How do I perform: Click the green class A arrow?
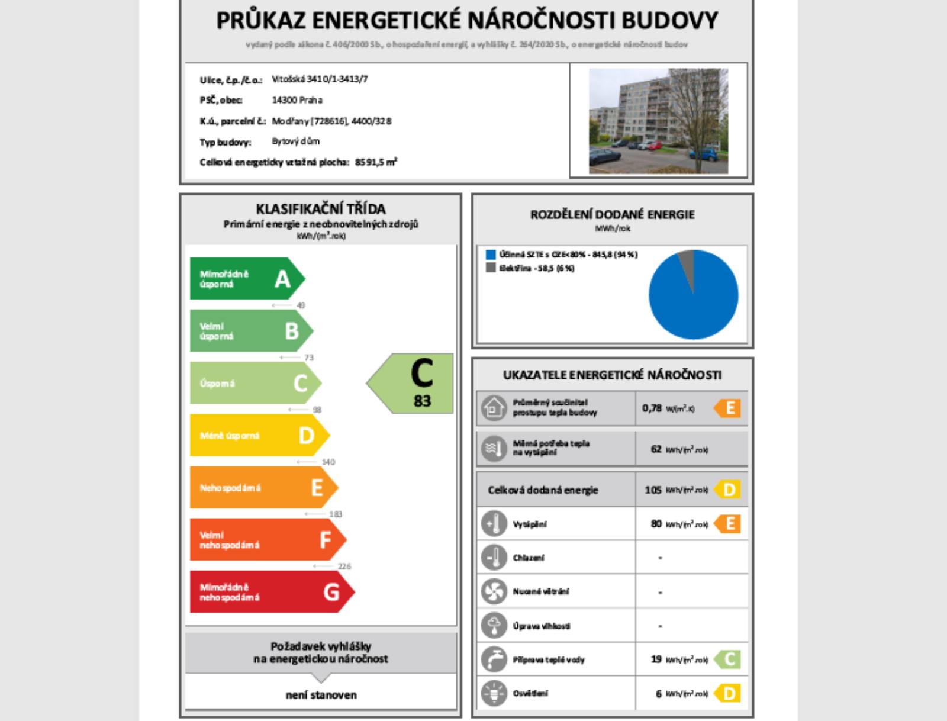coord(246,278)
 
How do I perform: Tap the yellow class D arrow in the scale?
coord(258,435)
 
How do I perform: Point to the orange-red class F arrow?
coord(266,539)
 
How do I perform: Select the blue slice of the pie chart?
coord(694,302)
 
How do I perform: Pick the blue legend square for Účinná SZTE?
coord(491,255)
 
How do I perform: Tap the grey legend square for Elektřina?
coord(491,268)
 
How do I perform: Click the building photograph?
coord(658,121)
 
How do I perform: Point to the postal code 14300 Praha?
coord(297,100)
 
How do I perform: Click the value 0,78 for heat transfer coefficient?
coord(652,408)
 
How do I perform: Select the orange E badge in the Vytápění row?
coord(729,523)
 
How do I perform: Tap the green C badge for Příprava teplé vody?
coord(729,659)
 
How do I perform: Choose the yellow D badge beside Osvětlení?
coord(729,693)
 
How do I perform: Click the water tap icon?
coord(494,659)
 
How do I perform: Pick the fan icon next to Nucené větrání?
coord(494,591)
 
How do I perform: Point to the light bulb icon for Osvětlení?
coord(494,693)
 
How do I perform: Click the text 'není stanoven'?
coord(321,695)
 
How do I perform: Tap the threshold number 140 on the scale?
coord(328,462)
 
